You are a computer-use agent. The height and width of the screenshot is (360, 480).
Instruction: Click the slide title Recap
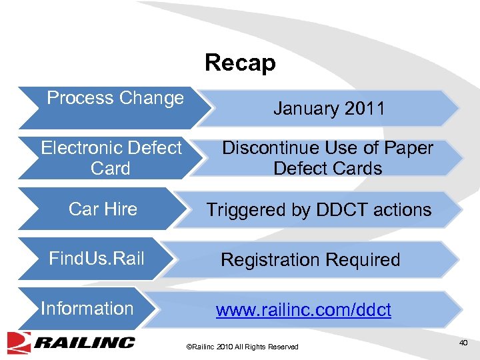tap(240, 63)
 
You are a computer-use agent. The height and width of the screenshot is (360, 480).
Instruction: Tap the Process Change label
tap(115, 98)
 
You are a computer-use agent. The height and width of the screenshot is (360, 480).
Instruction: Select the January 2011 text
tap(329, 109)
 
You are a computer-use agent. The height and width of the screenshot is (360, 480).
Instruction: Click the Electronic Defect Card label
tap(111, 157)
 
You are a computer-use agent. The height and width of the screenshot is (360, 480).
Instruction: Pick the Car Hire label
tap(103, 209)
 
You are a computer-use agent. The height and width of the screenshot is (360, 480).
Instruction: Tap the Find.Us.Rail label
tap(97, 259)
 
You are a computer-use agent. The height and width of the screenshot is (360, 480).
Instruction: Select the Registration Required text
tap(310, 259)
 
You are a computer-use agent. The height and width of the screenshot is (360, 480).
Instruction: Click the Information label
tap(87, 309)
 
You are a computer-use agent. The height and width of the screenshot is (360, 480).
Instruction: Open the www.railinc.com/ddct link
tap(303, 310)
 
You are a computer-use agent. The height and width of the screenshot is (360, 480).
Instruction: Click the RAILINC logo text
tap(85, 343)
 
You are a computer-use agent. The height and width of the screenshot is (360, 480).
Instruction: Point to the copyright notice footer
tap(242, 347)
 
